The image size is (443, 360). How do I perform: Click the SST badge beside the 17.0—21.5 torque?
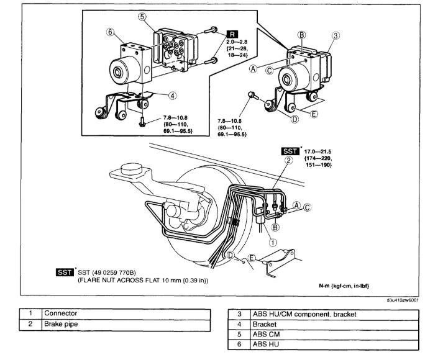coord(289,151)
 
